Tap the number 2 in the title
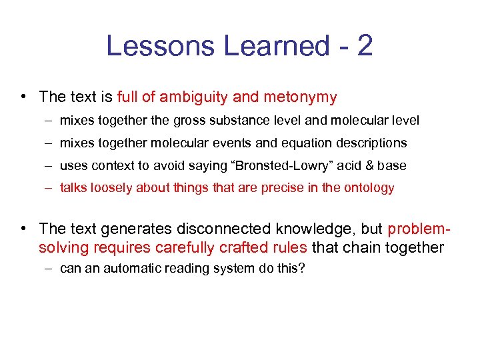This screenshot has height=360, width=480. pyautogui.click(x=364, y=46)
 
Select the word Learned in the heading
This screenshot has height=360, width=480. pyautogui.click(x=276, y=46)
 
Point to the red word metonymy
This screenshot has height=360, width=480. pyautogui.click(x=300, y=97)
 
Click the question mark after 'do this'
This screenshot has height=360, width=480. pyautogui.click(x=302, y=269)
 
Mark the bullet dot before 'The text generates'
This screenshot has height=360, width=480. pyautogui.click(x=23, y=229)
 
